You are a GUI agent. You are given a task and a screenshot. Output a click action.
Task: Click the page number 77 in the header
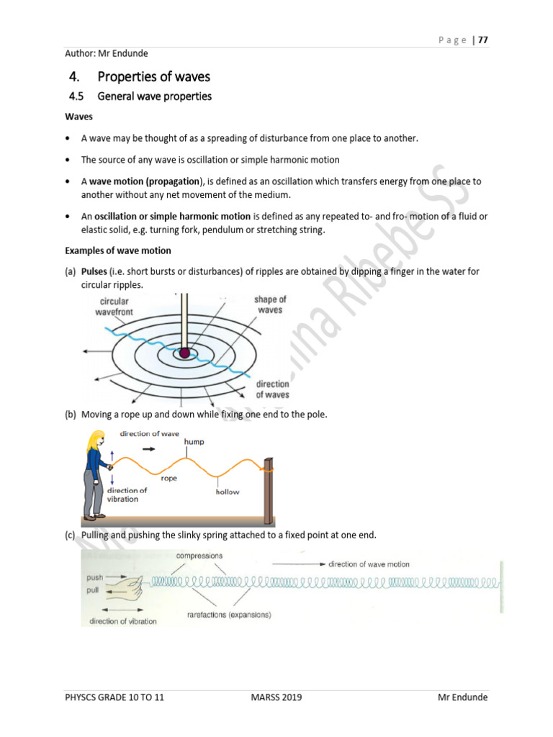click(x=482, y=40)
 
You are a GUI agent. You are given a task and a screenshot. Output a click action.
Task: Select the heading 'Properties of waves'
click(x=153, y=76)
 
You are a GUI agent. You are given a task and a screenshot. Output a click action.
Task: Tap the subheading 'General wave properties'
click(x=154, y=96)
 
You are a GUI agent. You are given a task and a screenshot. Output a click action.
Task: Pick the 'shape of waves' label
click(x=269, y=304)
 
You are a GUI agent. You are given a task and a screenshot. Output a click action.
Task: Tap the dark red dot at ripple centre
click(x=185, y=353)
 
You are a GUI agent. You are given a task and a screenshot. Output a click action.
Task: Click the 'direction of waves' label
click(x=272, y=389)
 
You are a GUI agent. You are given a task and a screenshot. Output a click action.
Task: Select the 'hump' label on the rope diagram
click(x=194, y=442)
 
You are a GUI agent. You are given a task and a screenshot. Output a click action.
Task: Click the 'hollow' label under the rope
click(x=228, y=492)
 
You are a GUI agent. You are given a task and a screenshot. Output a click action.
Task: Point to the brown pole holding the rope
click(x=269, y=489)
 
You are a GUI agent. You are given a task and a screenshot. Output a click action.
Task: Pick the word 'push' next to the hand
click(x=95, y=577)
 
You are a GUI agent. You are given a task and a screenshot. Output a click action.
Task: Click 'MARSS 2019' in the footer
click(x=276, y=697)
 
